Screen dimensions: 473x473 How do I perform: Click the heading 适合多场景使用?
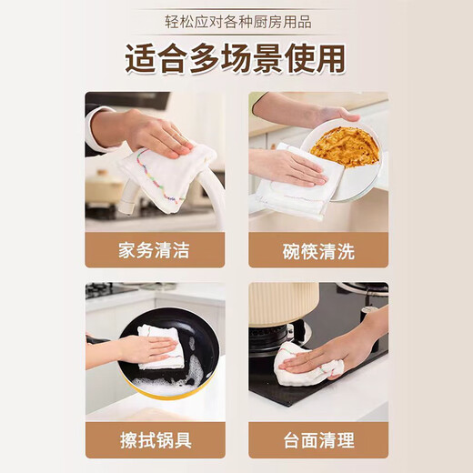tap(236, 57)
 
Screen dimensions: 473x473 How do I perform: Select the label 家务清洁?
tap(154, 249)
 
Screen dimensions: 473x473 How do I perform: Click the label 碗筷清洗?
tap(318, 249)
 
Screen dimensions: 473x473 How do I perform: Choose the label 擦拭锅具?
tap(154, 440)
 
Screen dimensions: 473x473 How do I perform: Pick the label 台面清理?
tap(318, 440)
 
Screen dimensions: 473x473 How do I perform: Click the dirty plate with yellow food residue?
tap(347, 146)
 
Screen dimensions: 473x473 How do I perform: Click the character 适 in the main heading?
tap(141, 57)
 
